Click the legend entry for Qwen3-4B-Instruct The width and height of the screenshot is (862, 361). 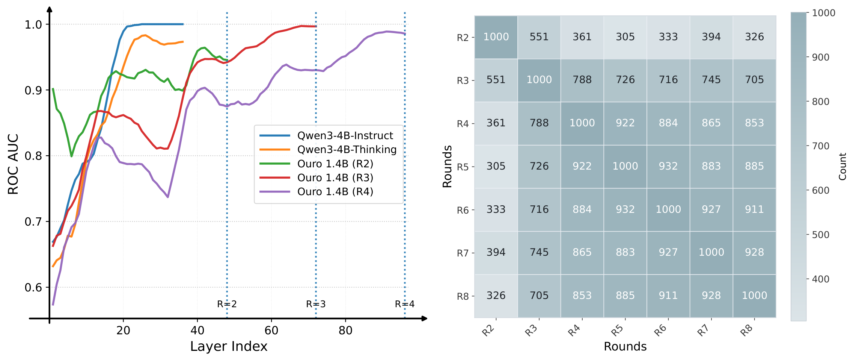click(x=345, y=135)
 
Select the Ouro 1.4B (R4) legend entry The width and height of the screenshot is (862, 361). click(x=335, y=192)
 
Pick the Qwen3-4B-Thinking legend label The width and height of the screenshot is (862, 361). click(x=347, y=149)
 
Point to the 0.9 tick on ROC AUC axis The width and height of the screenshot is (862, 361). click(x=33, y=90)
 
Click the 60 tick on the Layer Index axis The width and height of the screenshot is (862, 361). click(x=271, y=331)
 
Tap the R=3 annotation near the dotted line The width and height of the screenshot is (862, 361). click(x=316, y=304)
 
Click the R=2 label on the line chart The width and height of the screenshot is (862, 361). click(x=227, y=304)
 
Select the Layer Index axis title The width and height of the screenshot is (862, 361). click(x=229, y=346)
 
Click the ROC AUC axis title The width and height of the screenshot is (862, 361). click(x=13, y=164)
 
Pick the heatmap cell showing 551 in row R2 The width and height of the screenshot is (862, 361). click(x=539, y=37)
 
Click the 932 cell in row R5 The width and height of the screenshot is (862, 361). click(x=668, y=166)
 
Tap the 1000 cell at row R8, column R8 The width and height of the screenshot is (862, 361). click(x=754, y=296)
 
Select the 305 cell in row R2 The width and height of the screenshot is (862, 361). click(x=625, y=37)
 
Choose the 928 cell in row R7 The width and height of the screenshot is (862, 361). click(x=754, y=252)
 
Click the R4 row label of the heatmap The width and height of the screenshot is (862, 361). click(x=463, y=124)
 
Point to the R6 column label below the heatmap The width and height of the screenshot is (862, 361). click(x=661, y=330)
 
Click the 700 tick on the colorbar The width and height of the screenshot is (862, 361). click(x=820, y=146)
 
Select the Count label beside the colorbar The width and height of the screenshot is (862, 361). click(x=842, y=166)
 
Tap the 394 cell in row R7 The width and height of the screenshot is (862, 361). click(x=496, y=252)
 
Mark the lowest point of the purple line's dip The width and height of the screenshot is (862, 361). click(x=168, y=197)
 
